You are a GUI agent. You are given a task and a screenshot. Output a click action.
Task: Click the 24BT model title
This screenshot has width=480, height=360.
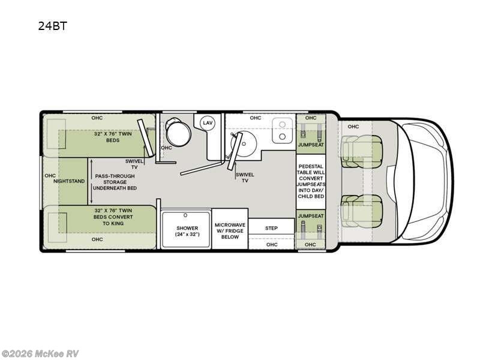pos(52,26)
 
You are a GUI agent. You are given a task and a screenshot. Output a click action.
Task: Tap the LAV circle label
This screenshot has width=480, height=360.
pos(208,123)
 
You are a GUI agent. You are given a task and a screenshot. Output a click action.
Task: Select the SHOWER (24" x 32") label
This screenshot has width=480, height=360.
pos(187,231)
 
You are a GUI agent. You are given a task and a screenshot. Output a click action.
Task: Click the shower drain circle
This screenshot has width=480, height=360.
pos(185,215)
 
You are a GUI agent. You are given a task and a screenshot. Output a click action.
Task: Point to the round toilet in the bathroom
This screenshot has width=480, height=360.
pos(178,131)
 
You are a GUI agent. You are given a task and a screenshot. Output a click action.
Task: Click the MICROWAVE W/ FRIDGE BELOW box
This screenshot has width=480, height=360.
pos(230,229)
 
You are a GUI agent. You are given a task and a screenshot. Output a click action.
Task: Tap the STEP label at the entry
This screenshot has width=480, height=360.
pos(271,228)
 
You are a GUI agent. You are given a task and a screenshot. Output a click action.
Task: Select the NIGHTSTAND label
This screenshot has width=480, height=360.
pos(69,181)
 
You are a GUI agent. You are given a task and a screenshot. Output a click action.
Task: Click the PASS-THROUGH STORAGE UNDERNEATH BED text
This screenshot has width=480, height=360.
pos(115,182)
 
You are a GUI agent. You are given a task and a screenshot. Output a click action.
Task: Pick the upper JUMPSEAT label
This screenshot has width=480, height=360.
pos(311,145)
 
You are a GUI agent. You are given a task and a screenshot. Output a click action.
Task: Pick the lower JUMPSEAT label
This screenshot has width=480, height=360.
pos(311,216)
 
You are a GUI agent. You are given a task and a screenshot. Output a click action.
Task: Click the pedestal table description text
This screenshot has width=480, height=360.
pos(311,181)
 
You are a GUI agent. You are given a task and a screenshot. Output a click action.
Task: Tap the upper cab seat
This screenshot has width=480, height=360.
pos(362,151)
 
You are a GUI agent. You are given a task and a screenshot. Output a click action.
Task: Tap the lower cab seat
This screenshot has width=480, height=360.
pos(362,211)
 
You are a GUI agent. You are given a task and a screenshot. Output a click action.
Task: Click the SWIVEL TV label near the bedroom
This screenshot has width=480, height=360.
pos(134,164)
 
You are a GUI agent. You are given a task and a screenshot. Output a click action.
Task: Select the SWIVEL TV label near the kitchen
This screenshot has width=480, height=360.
pos(245,178)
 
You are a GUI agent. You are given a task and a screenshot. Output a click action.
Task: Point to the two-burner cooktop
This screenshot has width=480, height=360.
pos(282,130)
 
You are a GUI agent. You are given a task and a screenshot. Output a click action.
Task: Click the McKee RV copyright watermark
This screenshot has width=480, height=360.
pos(40,354)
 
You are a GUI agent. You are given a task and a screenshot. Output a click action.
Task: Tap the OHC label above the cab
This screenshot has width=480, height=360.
pos(353,127)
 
